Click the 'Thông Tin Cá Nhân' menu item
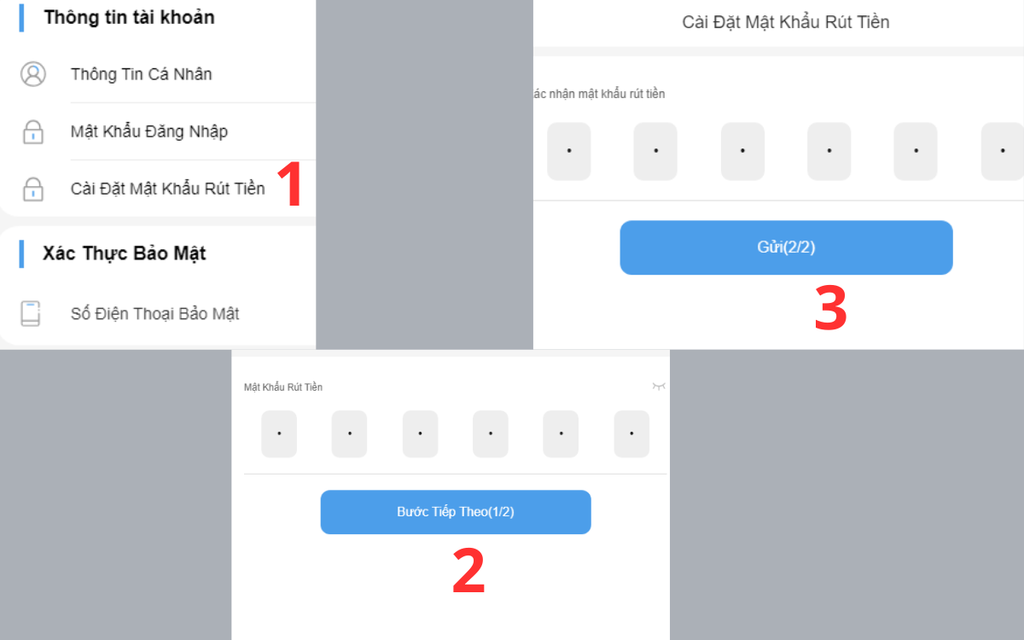click(x=141, y=74)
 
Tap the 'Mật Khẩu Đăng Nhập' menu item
click(x=148, y=131)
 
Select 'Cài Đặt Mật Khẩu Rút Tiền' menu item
click(x=167, y=189)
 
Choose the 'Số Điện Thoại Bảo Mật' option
click(x=154, y=314)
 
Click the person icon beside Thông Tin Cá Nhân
click(x=32, y=74)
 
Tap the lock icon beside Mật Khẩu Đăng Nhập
click(x=32, y=132)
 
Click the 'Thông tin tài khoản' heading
click(x=129, y=17)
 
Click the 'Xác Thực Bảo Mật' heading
click(x=125, y=253)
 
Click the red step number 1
click(x=290, y=184)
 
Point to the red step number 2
click(x=468, y=572)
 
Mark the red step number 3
click(x=830, y=309)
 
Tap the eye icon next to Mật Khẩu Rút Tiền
click(x=658, y=387)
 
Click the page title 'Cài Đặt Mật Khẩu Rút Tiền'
click(x=785, y=22)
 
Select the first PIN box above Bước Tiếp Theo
click(x=279, y=433)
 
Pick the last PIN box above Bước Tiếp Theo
click(x=631, y=433)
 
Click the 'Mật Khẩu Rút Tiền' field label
click(x=283, y=387)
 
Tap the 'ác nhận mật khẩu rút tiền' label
click(x=597, y=94)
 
